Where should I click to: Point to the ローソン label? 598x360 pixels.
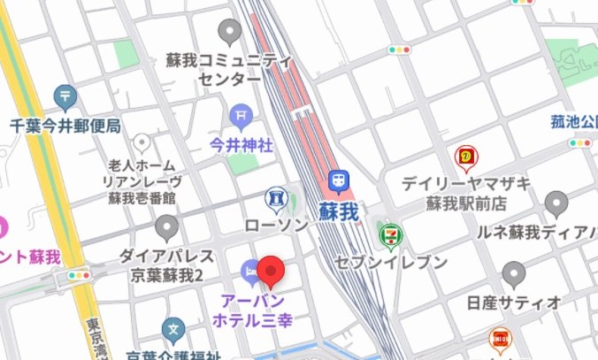click(277, 225)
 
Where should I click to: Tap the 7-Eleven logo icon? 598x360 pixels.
click(387, 234)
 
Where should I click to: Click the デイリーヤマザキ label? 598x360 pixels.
click(465, 184)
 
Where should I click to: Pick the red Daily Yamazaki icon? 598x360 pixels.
click(465, 157)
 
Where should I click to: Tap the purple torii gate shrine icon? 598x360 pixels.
click(241, 115)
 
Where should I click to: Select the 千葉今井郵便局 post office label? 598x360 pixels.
click(65, 126)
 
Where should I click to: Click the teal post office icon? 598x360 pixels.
click(64, 96)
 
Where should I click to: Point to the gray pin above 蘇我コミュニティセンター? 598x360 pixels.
click(231, 33)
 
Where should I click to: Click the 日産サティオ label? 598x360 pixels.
click(514, 303)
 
